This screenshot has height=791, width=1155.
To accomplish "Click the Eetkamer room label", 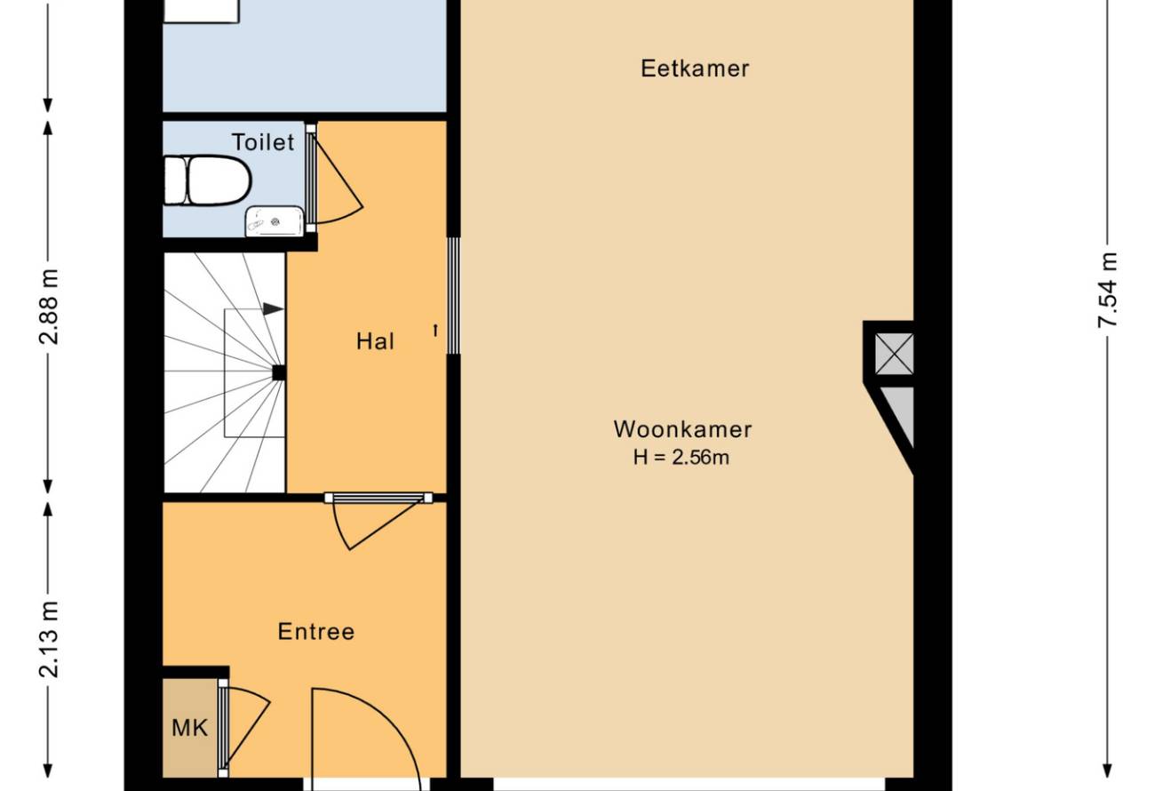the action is [695, 68].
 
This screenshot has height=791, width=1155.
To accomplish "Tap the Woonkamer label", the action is [682, 429].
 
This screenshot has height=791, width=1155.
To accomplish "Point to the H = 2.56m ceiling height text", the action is [681, 458].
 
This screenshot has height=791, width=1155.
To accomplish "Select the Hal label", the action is [375, 341].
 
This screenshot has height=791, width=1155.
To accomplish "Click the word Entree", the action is [316, 632].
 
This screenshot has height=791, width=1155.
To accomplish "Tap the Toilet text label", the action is [263, 142].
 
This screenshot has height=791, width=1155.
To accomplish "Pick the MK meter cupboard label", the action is [190, 728].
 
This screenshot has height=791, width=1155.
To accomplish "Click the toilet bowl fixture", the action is [207, 181].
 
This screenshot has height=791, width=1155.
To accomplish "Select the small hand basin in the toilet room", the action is [275, 221].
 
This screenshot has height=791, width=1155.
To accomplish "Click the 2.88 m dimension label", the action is [50, 307].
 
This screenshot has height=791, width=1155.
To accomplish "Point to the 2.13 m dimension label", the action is [50, 639].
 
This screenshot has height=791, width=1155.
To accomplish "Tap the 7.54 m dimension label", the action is [1107, 291].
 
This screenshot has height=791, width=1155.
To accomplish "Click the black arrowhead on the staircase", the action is [273, 309].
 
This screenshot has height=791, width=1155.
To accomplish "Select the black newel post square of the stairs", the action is [279, 372].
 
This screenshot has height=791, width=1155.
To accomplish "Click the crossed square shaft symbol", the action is [895, 354].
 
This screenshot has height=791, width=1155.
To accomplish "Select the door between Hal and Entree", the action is [378, 498].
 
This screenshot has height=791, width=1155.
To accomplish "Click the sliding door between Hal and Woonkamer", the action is [453, 296].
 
